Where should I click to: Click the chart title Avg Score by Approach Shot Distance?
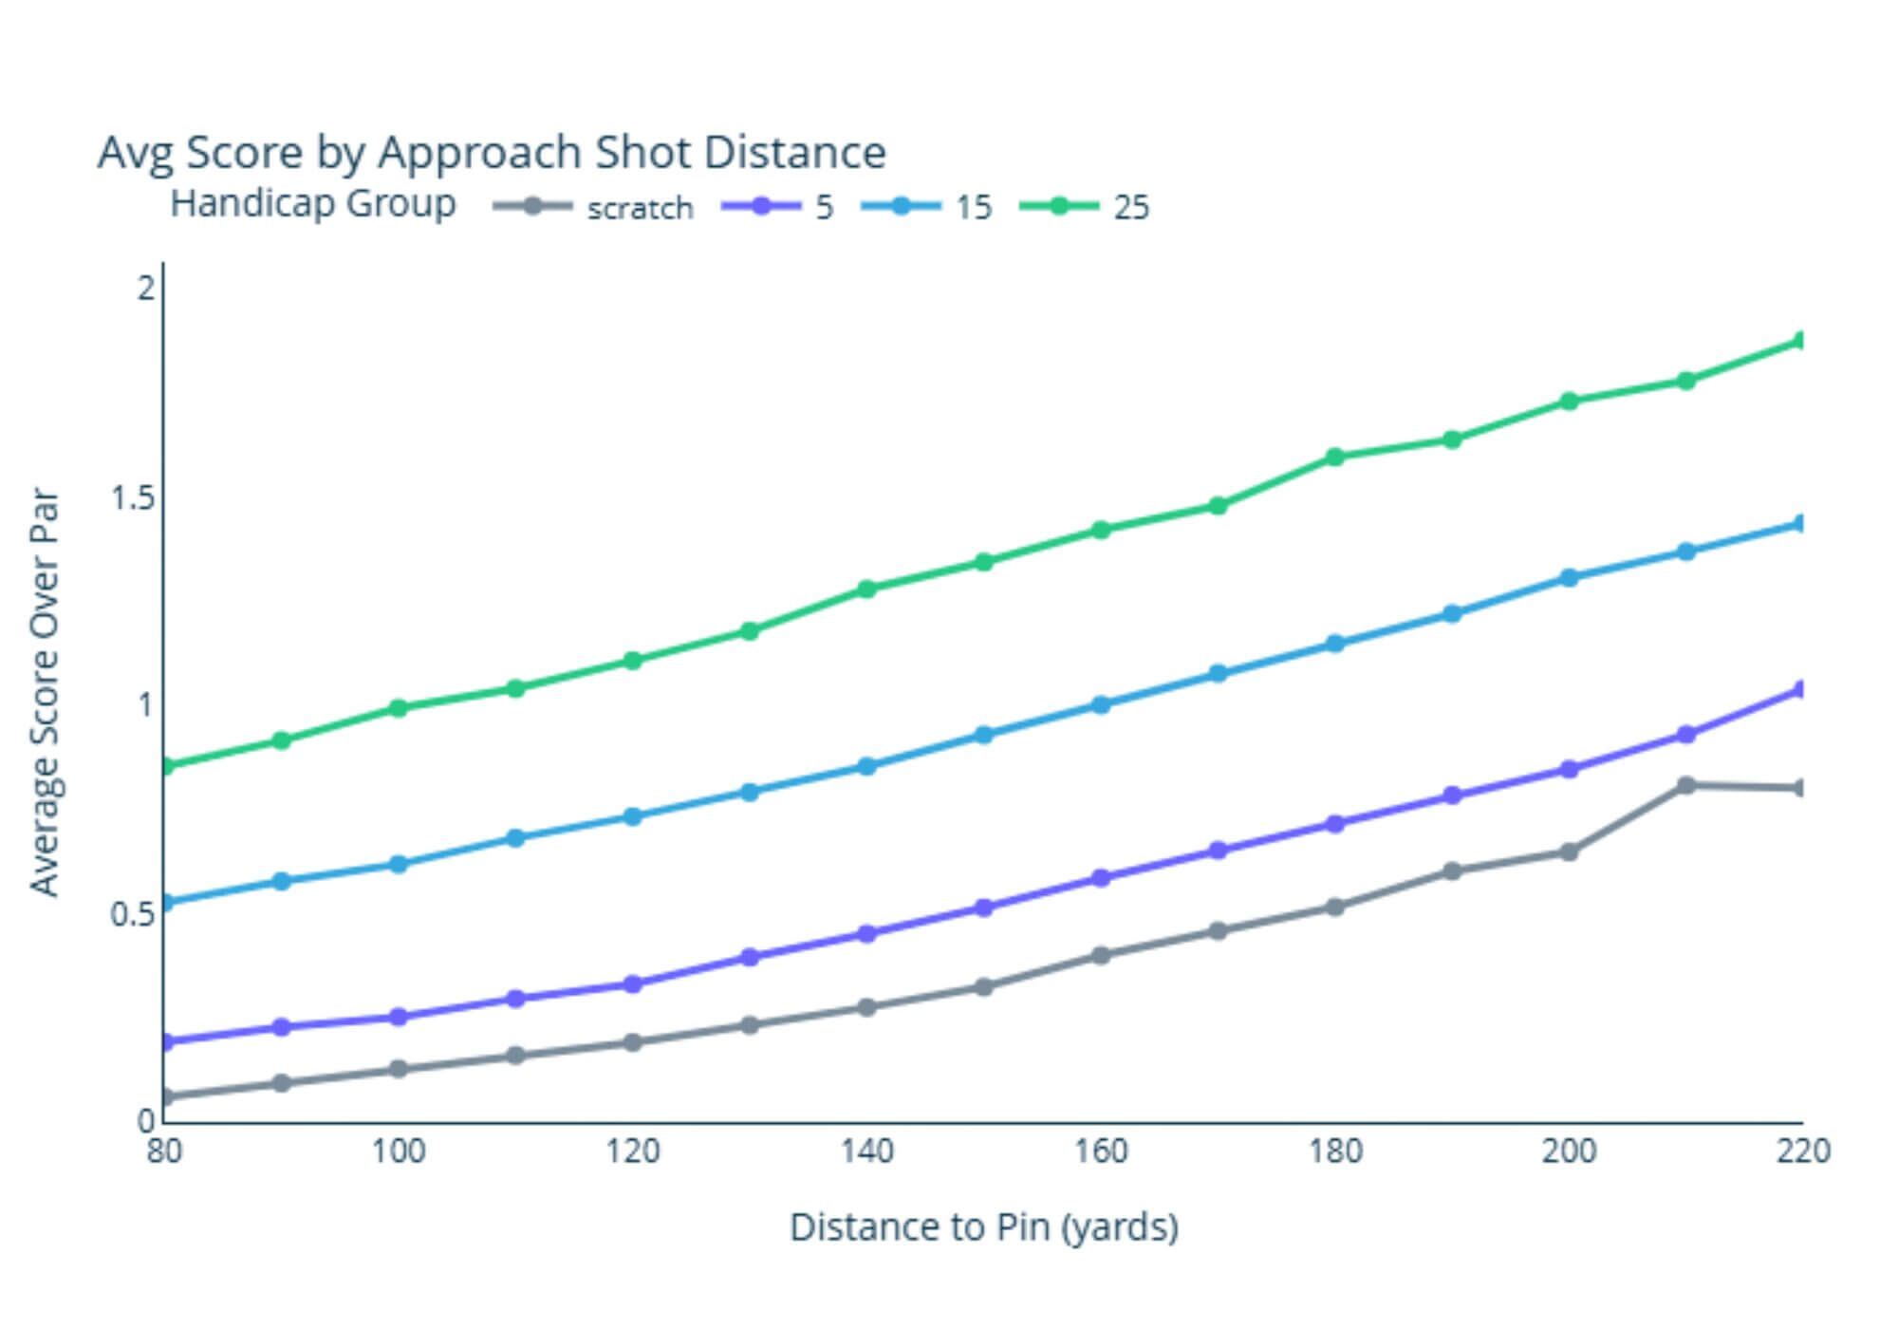pyautogui.click(x=492, y=152)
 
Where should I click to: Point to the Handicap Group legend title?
pyautogui.click(x=313, y=203)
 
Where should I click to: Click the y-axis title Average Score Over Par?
pyautogui.click(x=45, y=693)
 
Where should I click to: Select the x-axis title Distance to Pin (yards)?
pyautogui.click(x=984, y=1226)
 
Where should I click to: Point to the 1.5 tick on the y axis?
pyautogui.click(x=133, y=496)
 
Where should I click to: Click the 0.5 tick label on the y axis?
pyautogui.click(x=133, y=913)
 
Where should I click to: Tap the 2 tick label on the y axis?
pyautogui.click(x=145, y=287)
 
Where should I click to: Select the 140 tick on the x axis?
pyautogui.click(x=866, y=1151)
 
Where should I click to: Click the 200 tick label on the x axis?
pyautogui.click(x=1569, y=1151)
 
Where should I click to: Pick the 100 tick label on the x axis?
pyautogui.click(x=399, y=1151)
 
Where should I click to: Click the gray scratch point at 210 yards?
pyautogui.click(x=1686, y=785)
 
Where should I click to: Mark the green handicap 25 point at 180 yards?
pyautogui.click(x=1334, y=457)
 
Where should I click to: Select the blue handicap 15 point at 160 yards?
pyautogui.click(x=1101, y=704)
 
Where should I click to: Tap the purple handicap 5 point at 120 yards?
pyautogui.click(x=633, y=984)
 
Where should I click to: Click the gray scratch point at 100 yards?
pyautogui.click(x=399, y=1070)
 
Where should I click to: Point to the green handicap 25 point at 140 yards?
pyautogui.click(x=866, y=589)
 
